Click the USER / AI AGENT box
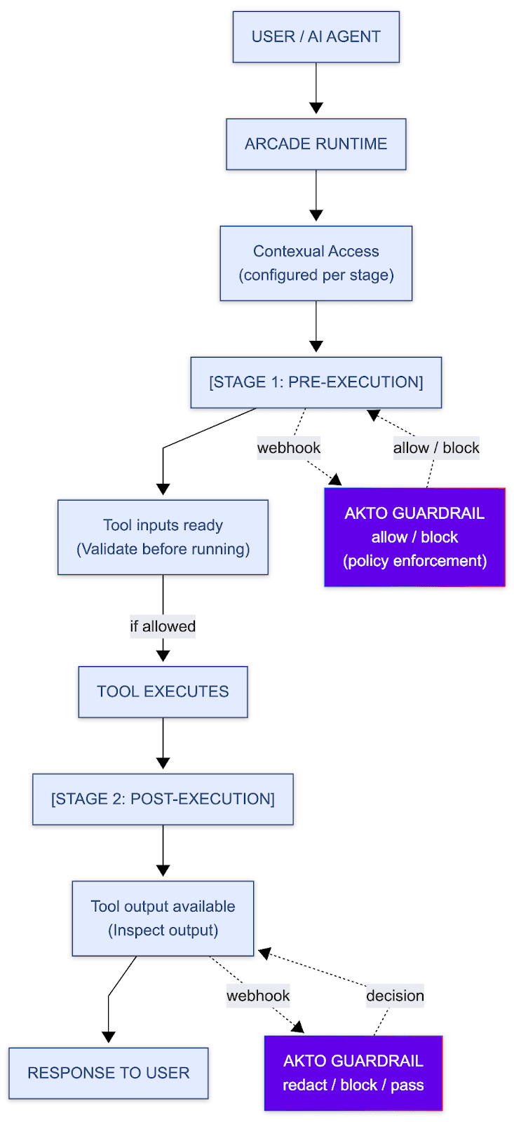coord(316,36)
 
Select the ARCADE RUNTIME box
coord(316,144)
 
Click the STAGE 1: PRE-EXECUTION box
coord(316,382)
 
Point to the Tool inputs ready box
coord(163,537)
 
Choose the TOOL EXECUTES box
coord(163,691)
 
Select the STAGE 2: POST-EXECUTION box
coord(163,799)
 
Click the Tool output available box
coord(163,918)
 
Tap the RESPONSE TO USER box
coord(108,1073)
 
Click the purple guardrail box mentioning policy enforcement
coord(414,537)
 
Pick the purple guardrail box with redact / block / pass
coord(353,1073)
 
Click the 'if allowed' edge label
coord(163,626)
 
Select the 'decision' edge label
coord(395,996)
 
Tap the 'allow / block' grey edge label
coord(435,448)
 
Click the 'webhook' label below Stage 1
coord(288,448)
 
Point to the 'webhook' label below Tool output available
coord(257,996)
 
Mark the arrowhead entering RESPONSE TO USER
coord(109,1036)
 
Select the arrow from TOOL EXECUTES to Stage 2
coord(163,743)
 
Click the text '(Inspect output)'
coord(163,930)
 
